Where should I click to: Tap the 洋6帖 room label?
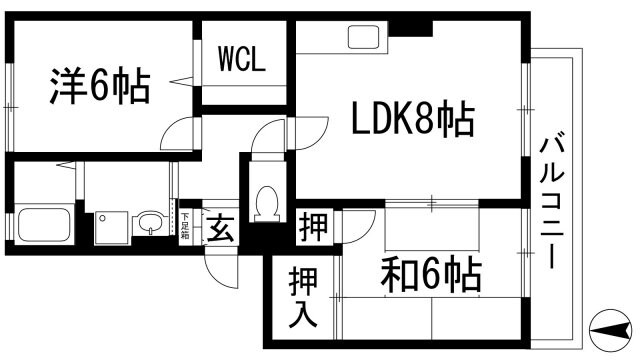[99, 87]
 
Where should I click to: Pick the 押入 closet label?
[303, 297]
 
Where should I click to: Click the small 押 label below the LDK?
[312, 227]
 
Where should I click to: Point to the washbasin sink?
[149, 222]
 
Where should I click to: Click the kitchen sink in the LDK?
[360, 40]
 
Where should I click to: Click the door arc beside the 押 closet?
[357, 226]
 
